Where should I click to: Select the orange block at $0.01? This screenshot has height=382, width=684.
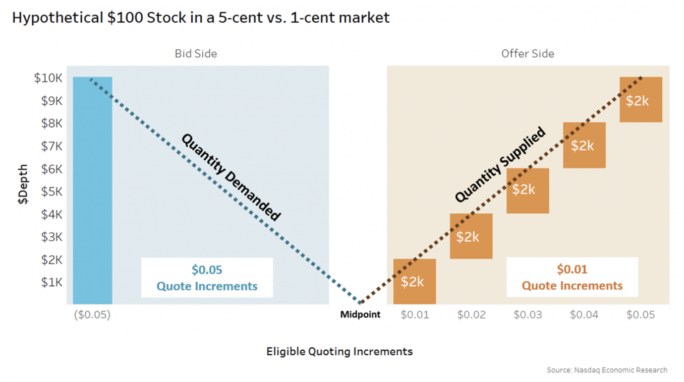click(x=415, y=281)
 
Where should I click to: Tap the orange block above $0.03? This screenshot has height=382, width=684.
click(x=527, y=190)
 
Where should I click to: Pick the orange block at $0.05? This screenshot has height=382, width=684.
click(x=641, y=100)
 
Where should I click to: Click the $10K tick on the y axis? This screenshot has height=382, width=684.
click(x=48, y=78)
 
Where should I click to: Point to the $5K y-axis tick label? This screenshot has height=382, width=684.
click(x=51, y=192)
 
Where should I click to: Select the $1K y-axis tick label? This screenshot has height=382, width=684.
click(x=51, y=282)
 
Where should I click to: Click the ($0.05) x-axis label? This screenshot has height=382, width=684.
click(x=92, y=315)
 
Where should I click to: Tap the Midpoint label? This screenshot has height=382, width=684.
click(x=360, y=315)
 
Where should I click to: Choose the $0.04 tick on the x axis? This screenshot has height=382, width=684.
click(x=584, y=315)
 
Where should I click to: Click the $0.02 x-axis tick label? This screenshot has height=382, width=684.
click(x=471, y=315)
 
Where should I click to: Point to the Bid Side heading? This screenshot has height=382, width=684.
click(x=196, y=53)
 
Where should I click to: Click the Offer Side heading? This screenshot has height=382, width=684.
click(x=528, y=53)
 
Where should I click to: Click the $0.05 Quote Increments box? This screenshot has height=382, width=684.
click(x=207, y=278)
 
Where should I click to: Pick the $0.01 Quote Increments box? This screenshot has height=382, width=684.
click(x=572, y=277)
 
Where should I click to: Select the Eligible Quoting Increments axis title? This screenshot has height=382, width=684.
click(x=339, y=351)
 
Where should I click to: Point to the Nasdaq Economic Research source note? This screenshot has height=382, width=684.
click(x=607, y=370)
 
